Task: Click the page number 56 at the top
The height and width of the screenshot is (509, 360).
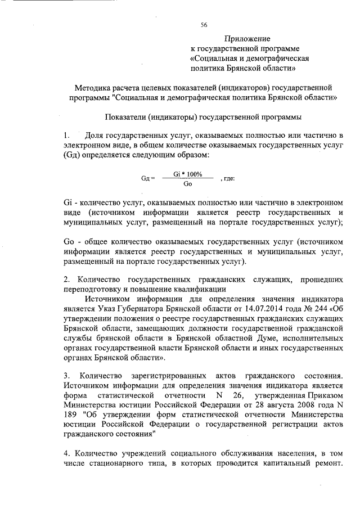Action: [204, 24]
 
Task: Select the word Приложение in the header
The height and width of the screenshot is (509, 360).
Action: [247, 39]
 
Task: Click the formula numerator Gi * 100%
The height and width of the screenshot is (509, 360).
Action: [188, 174]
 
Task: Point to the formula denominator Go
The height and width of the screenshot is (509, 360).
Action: [188, 184]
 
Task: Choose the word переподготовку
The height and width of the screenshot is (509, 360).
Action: [92, 290]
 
